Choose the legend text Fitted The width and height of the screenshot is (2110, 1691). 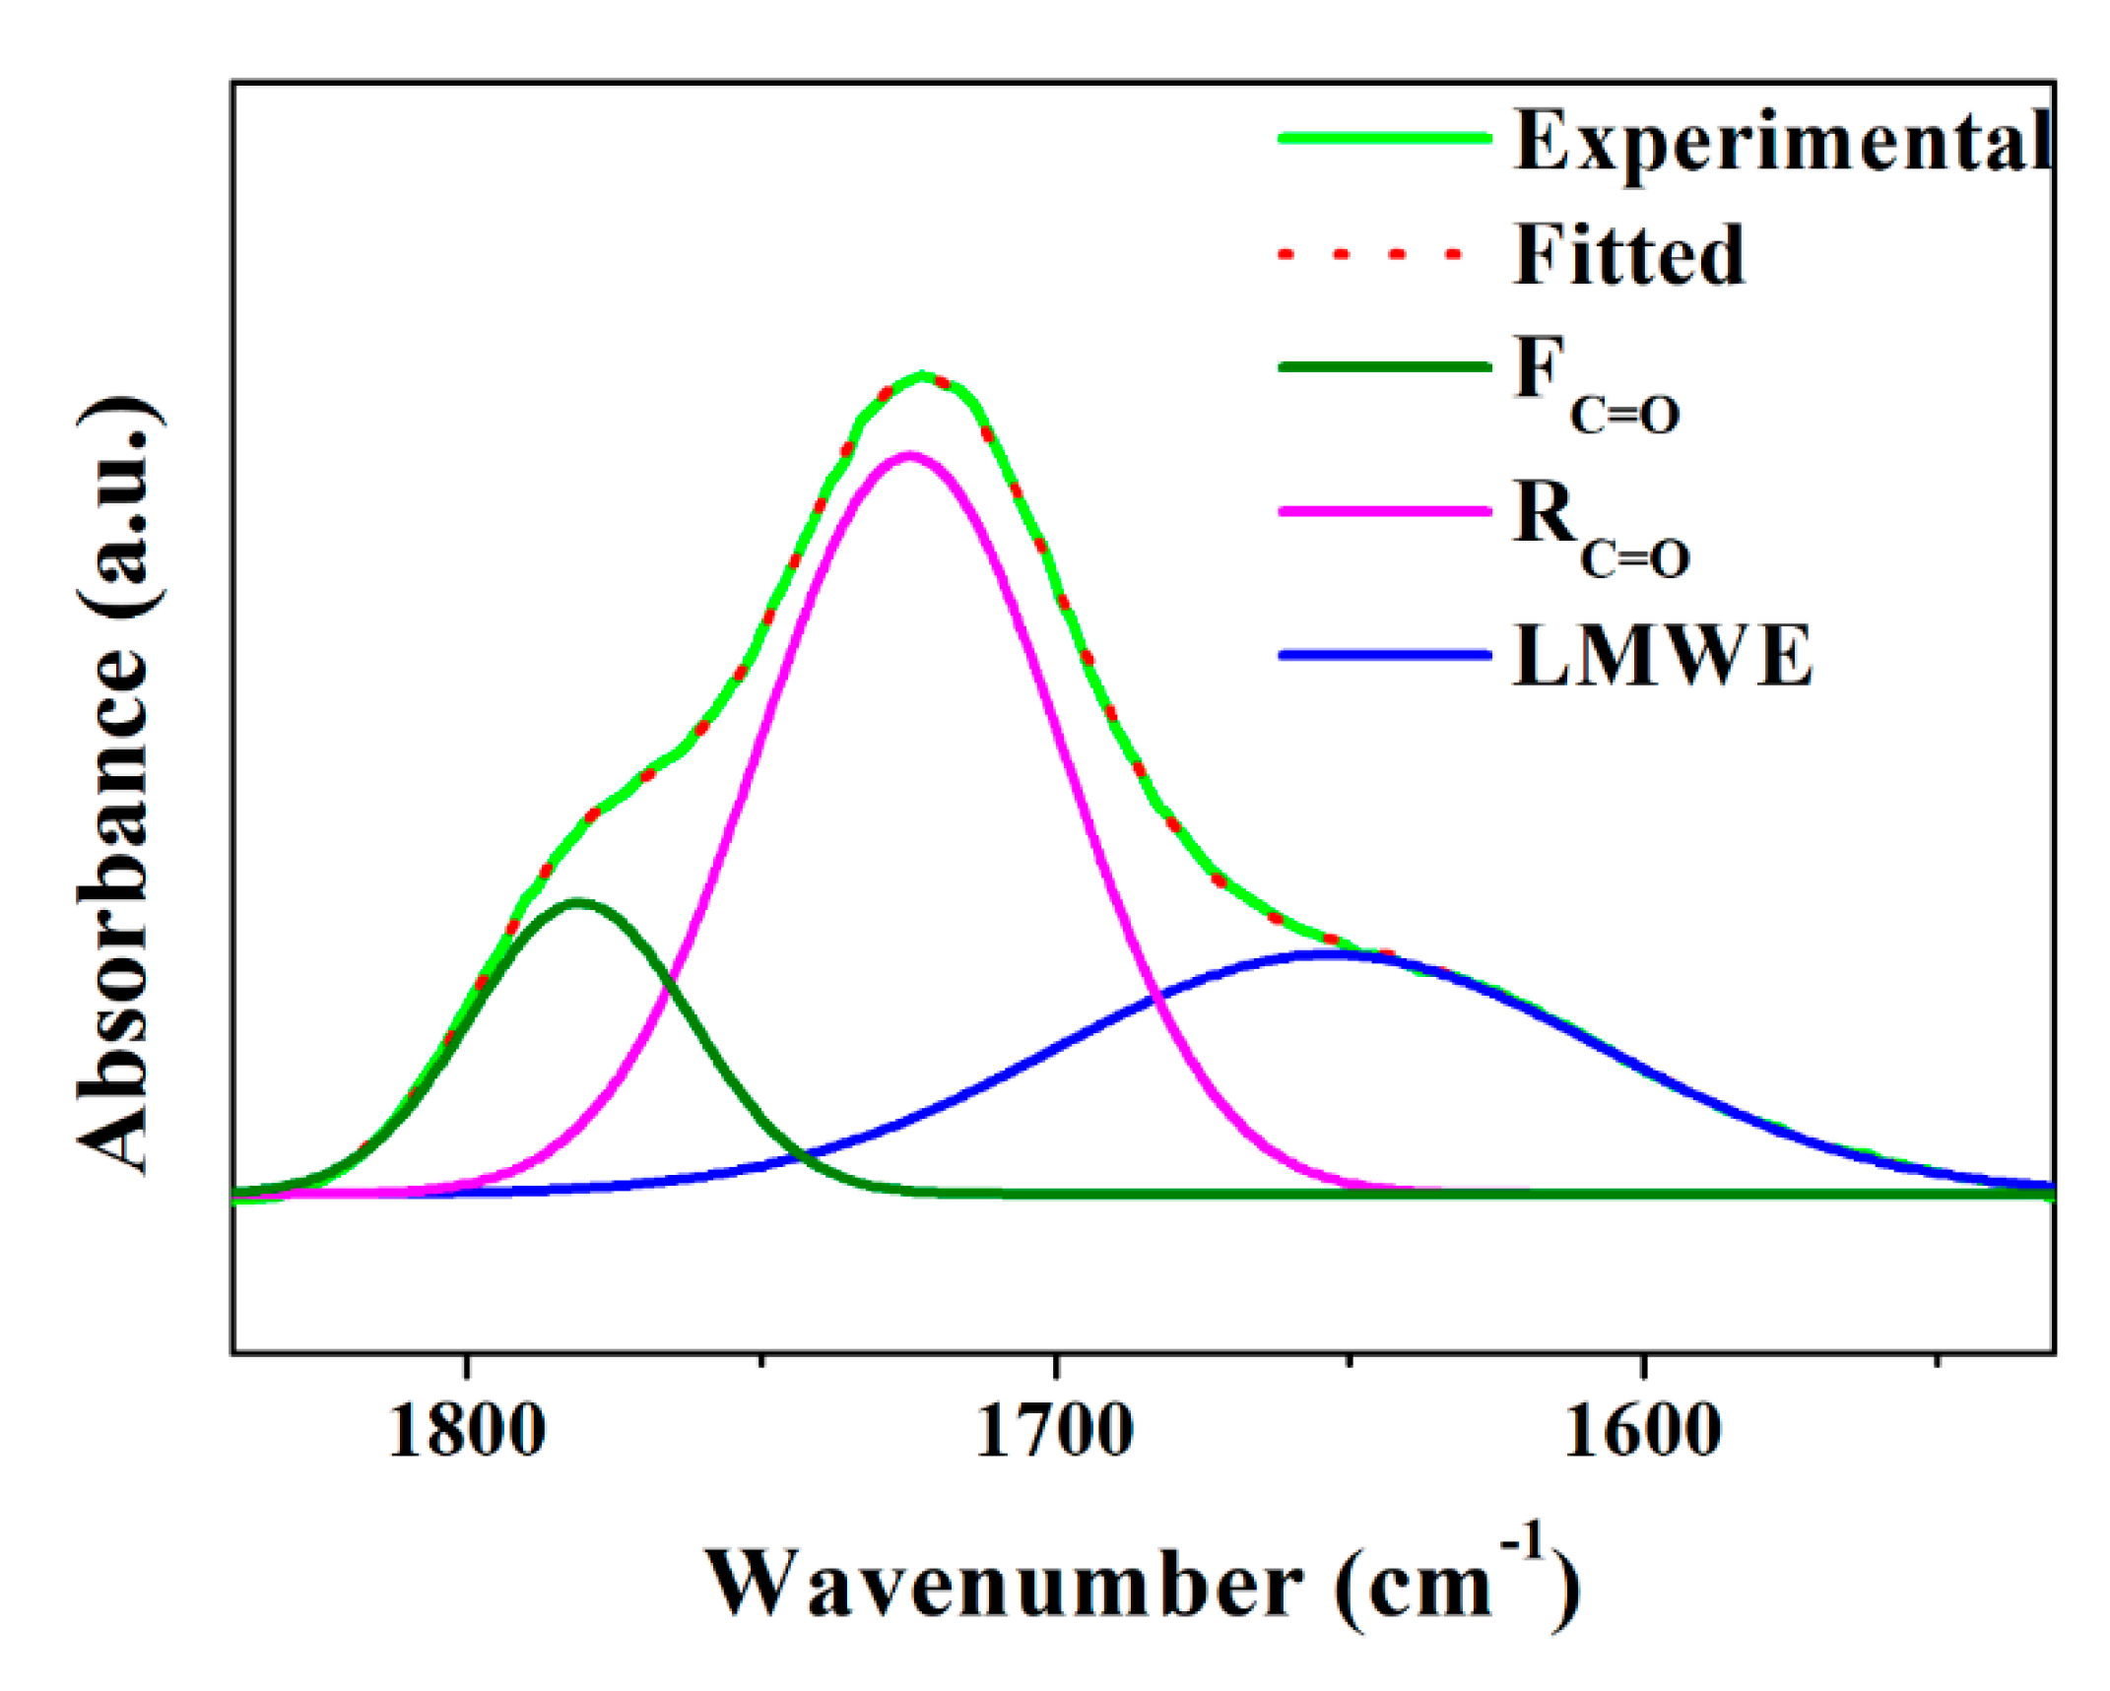coord(1628,254)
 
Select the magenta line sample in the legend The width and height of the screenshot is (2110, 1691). coord(1384,511)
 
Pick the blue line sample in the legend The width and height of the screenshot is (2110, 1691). coord(1384,655)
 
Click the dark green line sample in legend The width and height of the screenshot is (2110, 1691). coord(1384,367)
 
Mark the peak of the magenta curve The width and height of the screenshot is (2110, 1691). coord(908,455)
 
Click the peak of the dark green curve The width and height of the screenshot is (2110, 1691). coord(578,901)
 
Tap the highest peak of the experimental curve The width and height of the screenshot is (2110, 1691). coord(922,375)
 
